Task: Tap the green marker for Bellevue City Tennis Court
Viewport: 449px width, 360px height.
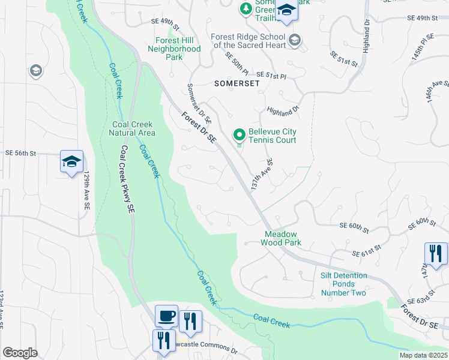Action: click(239, 134)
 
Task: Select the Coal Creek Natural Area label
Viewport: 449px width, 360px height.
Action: click(134, 128)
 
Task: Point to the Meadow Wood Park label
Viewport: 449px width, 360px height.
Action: click(280, 239)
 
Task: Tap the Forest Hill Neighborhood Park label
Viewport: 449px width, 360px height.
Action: click(174, 49)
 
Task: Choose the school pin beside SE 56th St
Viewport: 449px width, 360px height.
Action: click(71, 161)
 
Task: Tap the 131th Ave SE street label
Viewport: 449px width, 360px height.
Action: click(262, 175)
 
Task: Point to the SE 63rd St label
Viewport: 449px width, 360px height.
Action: click(420, 299)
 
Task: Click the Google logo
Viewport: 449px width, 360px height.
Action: click(20, 352)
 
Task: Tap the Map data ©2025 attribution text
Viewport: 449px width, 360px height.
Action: click(422, 355)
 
